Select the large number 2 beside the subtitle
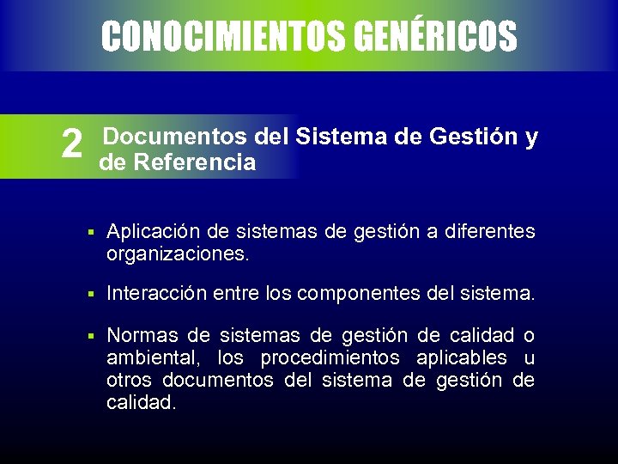point(73,145)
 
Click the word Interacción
point(154,294)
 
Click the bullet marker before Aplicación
point(89,232)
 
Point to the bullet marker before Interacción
point(89,295)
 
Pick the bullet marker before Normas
point(89,336)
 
